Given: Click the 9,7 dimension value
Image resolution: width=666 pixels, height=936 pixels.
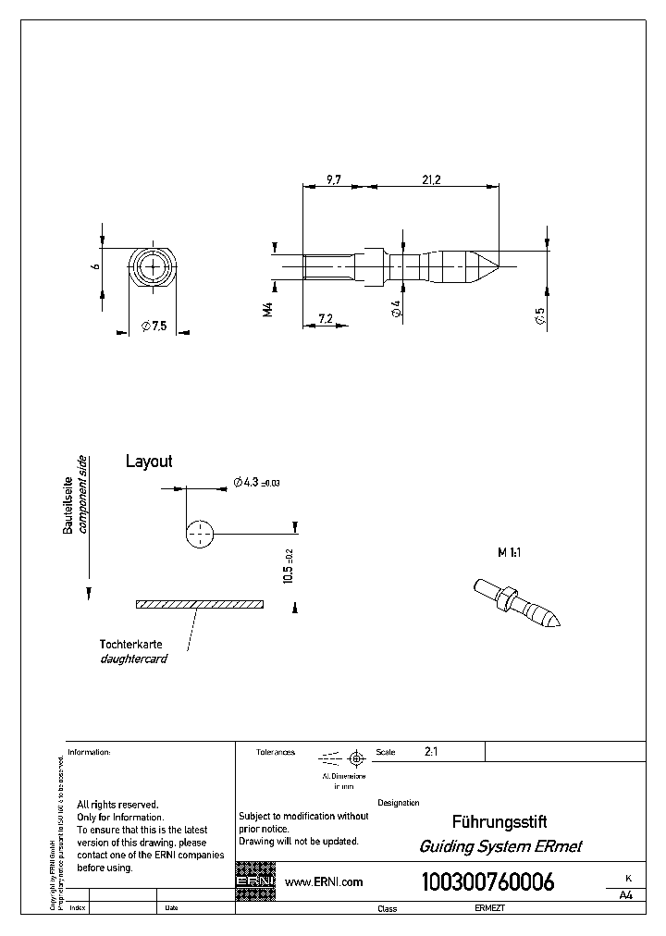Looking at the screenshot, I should [334, 180].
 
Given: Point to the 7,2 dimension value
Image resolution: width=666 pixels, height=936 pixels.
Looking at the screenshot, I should [325, 318].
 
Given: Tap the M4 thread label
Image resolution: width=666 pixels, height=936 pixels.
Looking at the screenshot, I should [267, 310].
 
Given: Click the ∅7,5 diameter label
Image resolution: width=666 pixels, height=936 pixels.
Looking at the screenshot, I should [153, 326].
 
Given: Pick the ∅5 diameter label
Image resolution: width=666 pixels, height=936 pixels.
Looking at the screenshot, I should [539, 316].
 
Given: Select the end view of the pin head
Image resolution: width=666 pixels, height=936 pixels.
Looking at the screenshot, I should [151, 269].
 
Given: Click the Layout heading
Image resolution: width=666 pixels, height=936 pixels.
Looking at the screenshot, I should [149, 461].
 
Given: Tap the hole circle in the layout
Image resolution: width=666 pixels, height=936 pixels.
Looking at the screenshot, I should [199, 534].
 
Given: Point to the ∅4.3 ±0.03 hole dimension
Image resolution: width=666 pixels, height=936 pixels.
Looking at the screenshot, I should [256, 482].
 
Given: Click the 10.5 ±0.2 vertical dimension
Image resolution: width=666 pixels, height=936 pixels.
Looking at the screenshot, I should [289, 563].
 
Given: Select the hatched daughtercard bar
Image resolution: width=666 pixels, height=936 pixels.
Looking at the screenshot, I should [199, 604].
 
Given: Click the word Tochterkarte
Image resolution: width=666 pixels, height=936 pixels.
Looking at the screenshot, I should [132, 644].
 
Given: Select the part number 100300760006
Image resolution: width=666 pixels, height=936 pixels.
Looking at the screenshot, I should [487, 882].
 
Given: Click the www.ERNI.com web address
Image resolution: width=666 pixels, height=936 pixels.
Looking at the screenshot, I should [324, 882].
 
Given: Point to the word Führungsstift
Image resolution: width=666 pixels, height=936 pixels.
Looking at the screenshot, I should [499, 821].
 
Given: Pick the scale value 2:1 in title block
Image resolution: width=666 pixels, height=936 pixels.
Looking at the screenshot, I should [431, 752].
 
